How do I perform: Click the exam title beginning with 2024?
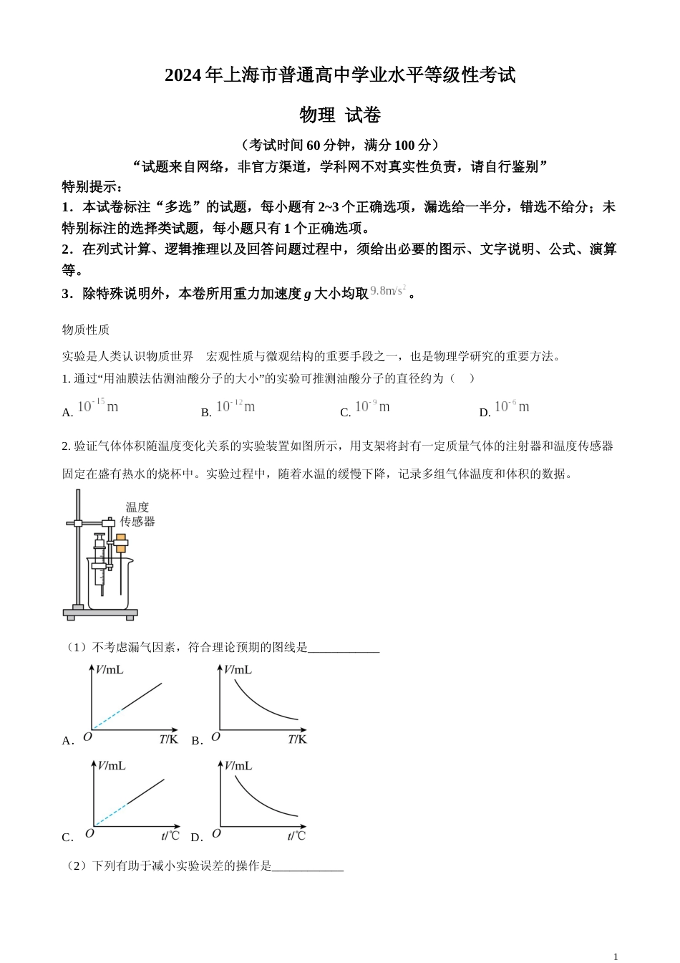point(340,75)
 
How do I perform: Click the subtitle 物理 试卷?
point(340,115)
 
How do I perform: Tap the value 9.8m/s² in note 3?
point(389,291)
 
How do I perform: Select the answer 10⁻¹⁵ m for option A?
point(97,406)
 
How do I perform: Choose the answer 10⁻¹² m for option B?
point(235,406)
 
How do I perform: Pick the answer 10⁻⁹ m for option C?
point(372,406)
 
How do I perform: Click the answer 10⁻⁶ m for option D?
point(512,406)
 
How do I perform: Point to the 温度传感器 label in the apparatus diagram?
point(137,514)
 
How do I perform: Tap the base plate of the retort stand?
point(99,613)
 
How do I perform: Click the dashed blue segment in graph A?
point(107,719)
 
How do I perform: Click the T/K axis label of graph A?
point(168,739)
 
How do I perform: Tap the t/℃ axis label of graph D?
point(296,835)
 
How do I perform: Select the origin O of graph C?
point(89,833)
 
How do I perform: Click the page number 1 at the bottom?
point(616,957)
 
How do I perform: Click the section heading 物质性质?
point(86,330)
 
